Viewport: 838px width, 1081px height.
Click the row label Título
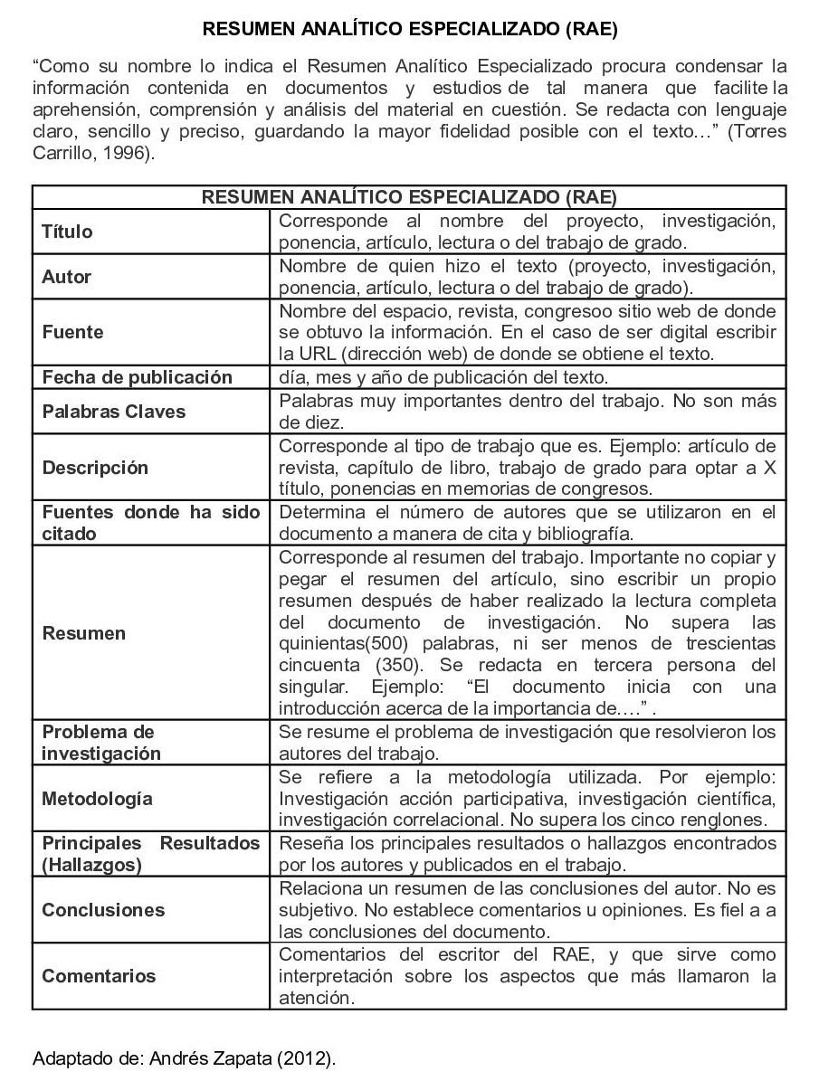pos(67,232)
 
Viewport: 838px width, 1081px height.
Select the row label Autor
pos(66,277)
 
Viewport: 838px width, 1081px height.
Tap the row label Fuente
pos(72,332)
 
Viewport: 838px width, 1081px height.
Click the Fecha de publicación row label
pos(137,377)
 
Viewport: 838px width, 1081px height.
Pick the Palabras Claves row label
pos(113,412)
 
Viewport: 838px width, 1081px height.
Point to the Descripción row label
pos(95,468)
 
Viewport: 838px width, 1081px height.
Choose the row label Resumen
pos(83,633)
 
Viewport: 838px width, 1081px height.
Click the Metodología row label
pos(97,799)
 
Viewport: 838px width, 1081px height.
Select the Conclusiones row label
pos(103,910)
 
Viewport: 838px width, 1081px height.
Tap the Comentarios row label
pos(99,976)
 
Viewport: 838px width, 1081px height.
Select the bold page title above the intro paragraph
pos(409,29)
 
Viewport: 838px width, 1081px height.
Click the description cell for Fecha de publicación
pos(444,377)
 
